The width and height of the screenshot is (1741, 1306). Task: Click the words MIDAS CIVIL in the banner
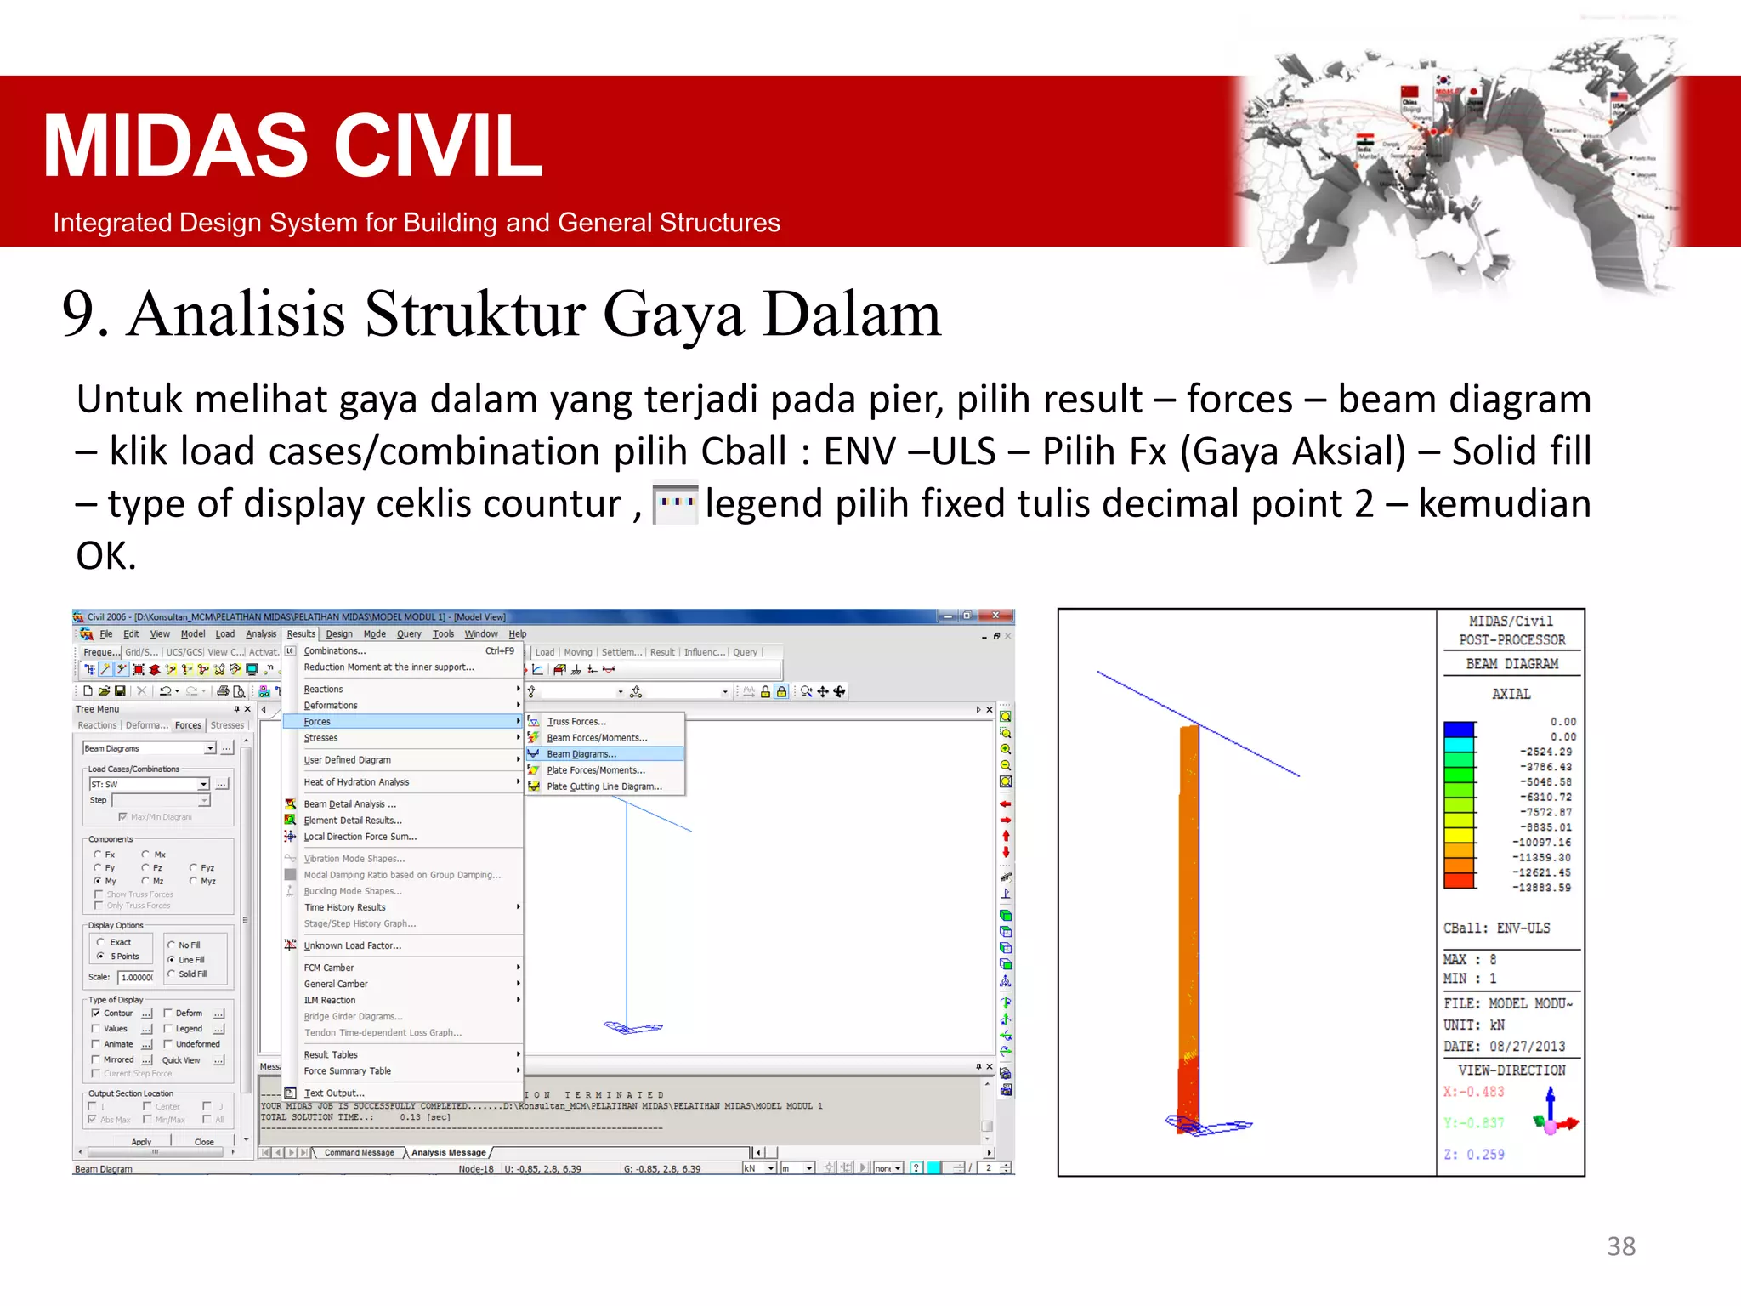tap(292, 146)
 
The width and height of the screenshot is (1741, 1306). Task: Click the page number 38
tap(1620, 1246)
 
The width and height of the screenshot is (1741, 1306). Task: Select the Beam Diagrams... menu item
tap(581, 754)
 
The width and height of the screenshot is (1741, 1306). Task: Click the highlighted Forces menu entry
tap(318, 722)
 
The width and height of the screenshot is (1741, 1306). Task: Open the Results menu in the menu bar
tap(300, 633)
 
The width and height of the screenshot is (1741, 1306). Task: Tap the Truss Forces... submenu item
tap(576, 722)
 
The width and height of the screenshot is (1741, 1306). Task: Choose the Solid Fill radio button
tap(172, 974)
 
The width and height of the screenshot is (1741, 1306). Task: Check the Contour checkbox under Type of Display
tap(96, 1014)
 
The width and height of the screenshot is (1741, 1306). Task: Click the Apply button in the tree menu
tap(141, 1142)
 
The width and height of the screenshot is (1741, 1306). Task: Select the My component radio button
tap(99, 881)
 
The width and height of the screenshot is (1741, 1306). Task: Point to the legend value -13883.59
tap(1541, 888)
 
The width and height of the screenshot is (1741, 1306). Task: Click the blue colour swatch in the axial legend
tap(1459, 730)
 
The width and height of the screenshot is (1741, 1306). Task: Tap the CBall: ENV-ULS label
tap(1496, 928)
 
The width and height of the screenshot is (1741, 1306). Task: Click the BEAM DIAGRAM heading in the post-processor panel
tap(1511, 664)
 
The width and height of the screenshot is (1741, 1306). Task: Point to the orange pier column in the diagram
tap(1188, 918)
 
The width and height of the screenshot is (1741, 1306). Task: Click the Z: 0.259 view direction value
tap(1474, 1155)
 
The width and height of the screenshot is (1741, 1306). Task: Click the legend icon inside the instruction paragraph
tap(676, 503)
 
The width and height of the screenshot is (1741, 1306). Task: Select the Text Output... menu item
tap(334, 1093)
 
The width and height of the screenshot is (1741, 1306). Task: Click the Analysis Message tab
tap(448, 1153)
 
